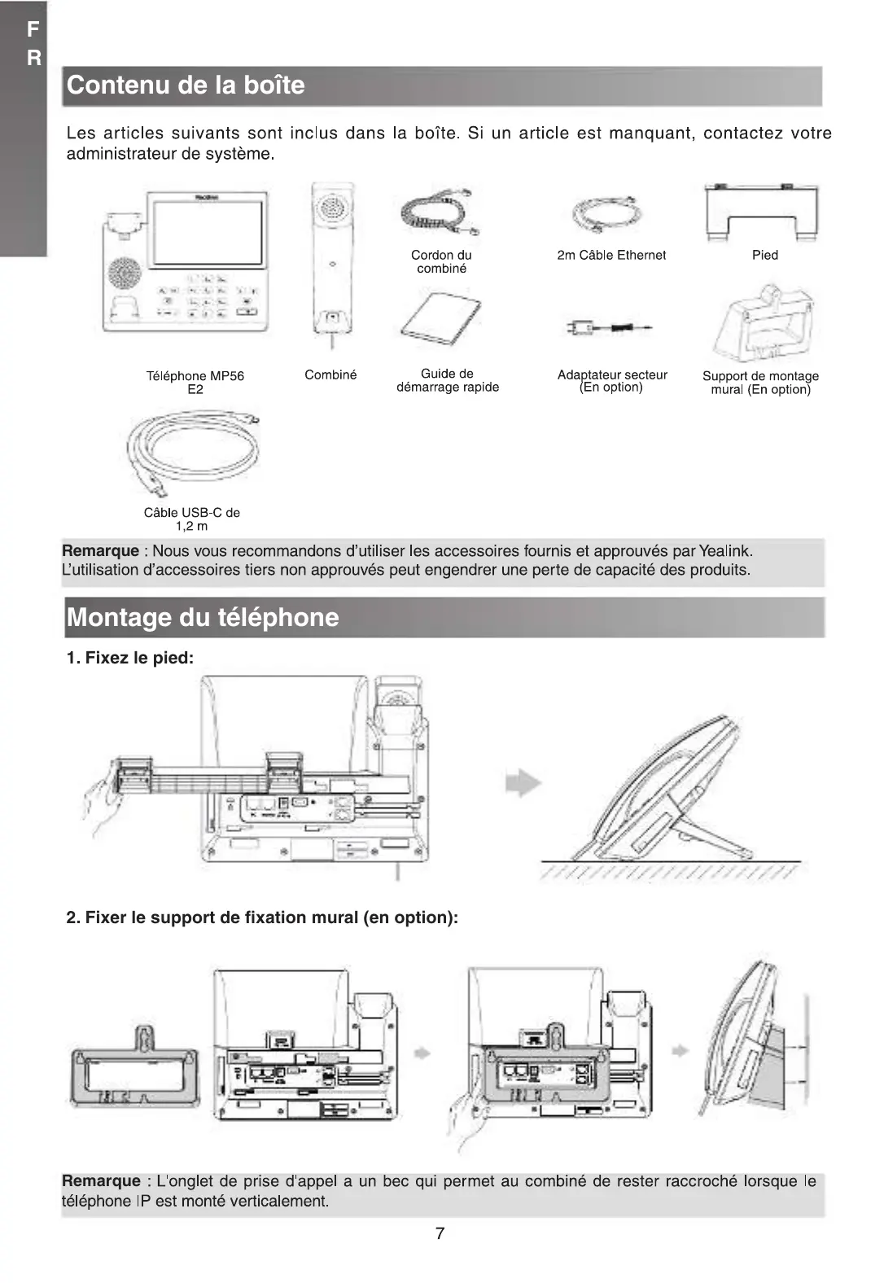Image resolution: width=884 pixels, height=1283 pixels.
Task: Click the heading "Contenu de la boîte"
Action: (x=186, y=85)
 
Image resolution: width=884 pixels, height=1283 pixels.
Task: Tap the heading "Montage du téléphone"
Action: (x=203, y=617)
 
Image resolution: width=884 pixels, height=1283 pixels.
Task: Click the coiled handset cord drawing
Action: (x=440, y=213)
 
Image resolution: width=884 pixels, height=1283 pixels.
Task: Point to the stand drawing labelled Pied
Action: (x=761, y=212)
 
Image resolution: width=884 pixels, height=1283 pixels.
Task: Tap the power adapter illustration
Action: (x=610, y=328)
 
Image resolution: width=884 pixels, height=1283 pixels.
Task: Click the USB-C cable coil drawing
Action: (x=194, y=452)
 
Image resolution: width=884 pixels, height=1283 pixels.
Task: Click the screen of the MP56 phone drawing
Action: (x=208, y=233)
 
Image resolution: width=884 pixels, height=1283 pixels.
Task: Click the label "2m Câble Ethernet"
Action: (x=611, y=256)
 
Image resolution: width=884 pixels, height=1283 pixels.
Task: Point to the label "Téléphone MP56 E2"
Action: (x=195, y=383)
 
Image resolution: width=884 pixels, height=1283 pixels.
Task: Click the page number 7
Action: (x=440, y=1233)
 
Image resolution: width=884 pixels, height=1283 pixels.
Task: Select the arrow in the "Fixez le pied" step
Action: (x=523, y=783)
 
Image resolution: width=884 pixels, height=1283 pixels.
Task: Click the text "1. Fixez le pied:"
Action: (x=130, y=658)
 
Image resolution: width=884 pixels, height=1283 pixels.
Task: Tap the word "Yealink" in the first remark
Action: (x=725, y=551)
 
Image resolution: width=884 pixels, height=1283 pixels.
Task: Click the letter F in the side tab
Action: (x=33, y=30)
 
